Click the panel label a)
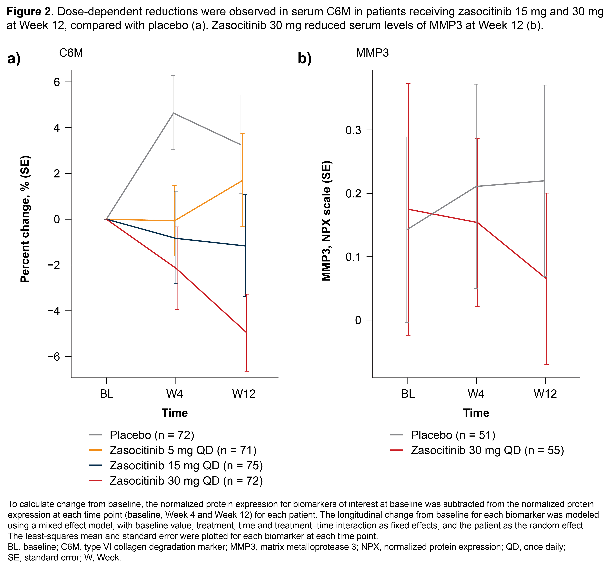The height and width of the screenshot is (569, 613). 14,58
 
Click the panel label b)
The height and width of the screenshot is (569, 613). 304,58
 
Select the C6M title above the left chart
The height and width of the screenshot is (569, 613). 71,53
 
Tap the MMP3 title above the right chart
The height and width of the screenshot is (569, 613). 372,53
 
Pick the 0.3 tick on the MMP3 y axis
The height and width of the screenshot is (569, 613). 353,130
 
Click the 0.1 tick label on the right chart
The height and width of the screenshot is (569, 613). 353,257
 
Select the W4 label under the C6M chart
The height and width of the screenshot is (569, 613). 175,394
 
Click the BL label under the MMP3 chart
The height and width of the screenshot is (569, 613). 408,394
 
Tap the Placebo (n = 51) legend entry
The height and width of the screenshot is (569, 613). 453,435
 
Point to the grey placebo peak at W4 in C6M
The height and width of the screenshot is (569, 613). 173,113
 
